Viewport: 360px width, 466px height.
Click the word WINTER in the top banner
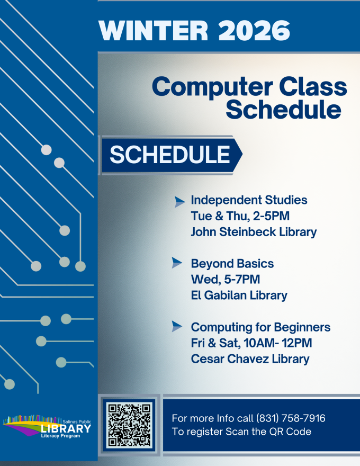(153, 31)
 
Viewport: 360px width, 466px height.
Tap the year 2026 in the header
(254, 31)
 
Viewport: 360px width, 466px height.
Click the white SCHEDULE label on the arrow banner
(170, 155)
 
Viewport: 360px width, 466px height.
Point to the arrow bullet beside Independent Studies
(179, 202)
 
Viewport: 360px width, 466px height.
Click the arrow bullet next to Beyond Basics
(177, 263)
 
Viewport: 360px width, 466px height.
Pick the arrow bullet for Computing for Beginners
(177, 326)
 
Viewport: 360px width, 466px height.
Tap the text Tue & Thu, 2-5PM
(240, 216)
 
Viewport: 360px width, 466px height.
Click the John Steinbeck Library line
(254, 232)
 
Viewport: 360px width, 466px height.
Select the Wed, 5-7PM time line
(226, 280)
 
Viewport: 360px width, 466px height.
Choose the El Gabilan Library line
(239, 295)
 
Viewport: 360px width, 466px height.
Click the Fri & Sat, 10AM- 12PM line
(251, 343)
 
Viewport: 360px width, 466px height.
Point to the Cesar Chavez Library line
(250, 359)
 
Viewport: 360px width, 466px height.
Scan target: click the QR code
(129, 426)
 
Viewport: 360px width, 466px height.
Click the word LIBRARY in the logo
(66, 428)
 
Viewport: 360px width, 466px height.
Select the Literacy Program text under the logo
(60, 436)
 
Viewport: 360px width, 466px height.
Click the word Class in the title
(313, 87)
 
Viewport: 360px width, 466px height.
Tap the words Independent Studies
(249, 200)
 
